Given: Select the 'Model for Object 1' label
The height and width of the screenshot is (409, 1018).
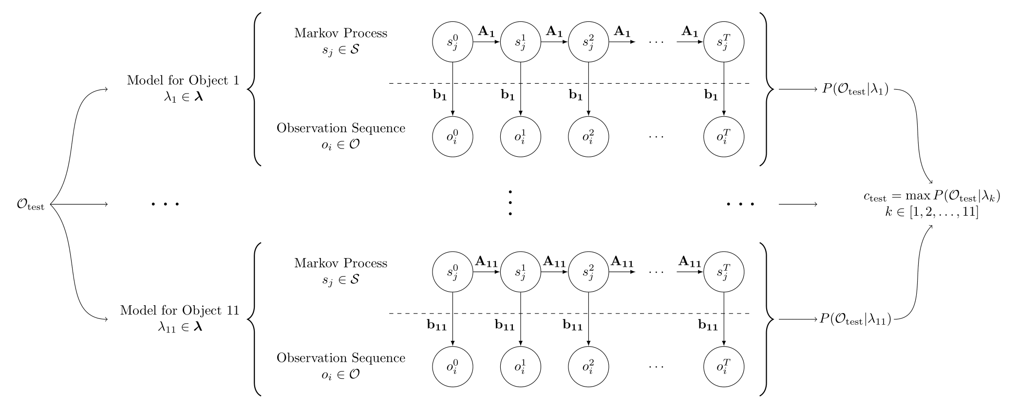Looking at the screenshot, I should coord(183,80).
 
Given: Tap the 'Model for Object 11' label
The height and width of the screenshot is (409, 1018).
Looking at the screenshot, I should coord(180,310).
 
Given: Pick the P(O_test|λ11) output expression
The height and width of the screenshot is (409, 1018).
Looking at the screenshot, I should coord(856,319).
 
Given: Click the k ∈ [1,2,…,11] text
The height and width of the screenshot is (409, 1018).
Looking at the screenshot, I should coord(931,213).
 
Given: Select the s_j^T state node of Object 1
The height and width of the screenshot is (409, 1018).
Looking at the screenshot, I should coord(724,42).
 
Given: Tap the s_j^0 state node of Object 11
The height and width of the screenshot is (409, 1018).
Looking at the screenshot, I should coord(452,272).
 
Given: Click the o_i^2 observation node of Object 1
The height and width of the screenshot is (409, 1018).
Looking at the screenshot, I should coord(588,137).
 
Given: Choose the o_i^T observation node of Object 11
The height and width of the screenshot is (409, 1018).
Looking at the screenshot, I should coord(724,367).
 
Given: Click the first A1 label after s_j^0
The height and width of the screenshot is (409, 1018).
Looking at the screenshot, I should coord(486,32).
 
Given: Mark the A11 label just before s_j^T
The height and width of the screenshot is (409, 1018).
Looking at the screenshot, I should coord(689,262).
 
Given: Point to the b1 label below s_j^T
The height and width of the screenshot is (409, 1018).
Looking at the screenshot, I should coord(711,95).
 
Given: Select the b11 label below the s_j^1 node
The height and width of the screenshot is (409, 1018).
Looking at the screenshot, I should coord(505,325).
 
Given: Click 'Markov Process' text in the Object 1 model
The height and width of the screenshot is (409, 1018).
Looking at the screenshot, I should coord(340,33).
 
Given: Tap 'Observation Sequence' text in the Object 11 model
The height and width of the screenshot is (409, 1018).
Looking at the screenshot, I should coord(340,358).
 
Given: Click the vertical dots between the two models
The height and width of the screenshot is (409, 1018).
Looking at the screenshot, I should coord(510,203).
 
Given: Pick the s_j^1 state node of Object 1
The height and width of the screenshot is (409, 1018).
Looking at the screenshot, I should coord(521,42).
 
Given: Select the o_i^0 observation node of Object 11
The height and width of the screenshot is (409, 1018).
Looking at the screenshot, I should coord(452,367).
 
